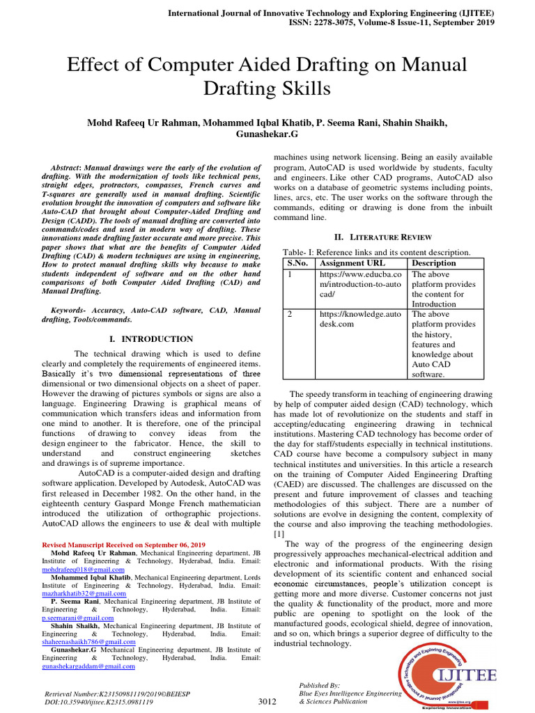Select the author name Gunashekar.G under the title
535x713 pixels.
(267, 134)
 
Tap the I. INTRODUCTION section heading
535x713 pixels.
(152, 339)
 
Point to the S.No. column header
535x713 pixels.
(299, 263)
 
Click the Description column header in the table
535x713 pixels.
(434, 263)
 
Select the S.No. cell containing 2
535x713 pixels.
(290, 314)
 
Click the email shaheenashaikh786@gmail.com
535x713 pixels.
(88, 642)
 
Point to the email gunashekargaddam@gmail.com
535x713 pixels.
(88, 666)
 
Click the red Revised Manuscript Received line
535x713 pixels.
(124, 544)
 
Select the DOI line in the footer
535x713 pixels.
(98, 703)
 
